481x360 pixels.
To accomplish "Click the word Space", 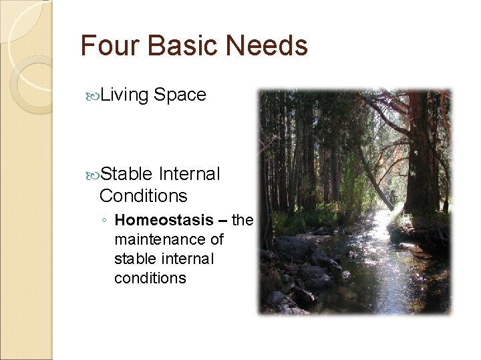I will [x=180, y=95].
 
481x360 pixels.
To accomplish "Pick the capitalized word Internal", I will [x=190, y=174].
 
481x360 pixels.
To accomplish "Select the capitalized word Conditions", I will [x=143, y=196].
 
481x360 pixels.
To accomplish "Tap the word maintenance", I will [x=160, y=239].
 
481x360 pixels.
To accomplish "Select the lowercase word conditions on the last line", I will [x=150, y=277].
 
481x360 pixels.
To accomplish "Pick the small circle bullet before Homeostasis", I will [x=105, y=221].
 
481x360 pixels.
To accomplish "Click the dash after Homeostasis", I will [x=222, y=221].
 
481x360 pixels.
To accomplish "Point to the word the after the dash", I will [x=242, y=220].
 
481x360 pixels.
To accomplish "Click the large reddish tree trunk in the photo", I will [x=421, y=153].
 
